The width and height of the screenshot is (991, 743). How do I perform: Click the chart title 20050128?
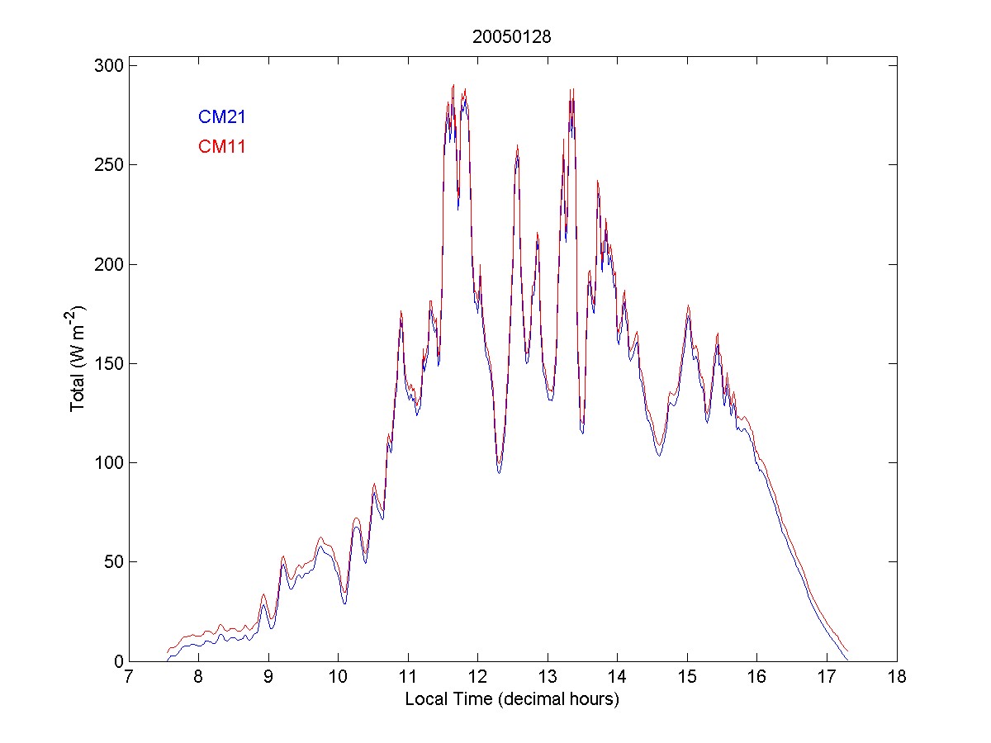(x=512, y=37)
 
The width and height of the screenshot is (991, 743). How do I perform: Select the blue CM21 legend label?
(x=221, y=117)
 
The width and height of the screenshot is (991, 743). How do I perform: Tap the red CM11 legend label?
(x=221, y=147)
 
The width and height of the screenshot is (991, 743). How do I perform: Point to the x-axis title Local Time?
(x=512, y=699)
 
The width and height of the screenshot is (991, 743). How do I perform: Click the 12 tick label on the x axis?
(x=477, y=679)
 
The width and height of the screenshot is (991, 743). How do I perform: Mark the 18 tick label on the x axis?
(x=897, y=679)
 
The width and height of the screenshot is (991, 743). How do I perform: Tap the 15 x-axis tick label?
(x=687, y=679)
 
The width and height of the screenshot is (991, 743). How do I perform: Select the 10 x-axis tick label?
(x=338, y=679)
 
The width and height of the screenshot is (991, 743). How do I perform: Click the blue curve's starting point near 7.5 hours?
(x=167, y=660)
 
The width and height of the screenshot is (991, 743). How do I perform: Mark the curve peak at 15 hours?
(x=687, y=307)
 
